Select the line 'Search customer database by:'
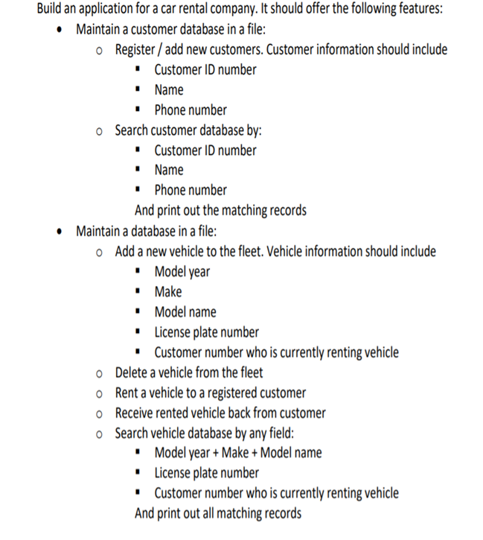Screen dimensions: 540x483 [188, 130]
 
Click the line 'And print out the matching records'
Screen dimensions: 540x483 [220, 210]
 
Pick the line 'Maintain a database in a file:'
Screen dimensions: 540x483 [147, 231]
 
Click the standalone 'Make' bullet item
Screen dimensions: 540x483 [168, 292]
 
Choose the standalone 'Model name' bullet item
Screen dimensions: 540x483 [185, 312]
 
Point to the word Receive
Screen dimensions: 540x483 [137, 413]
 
